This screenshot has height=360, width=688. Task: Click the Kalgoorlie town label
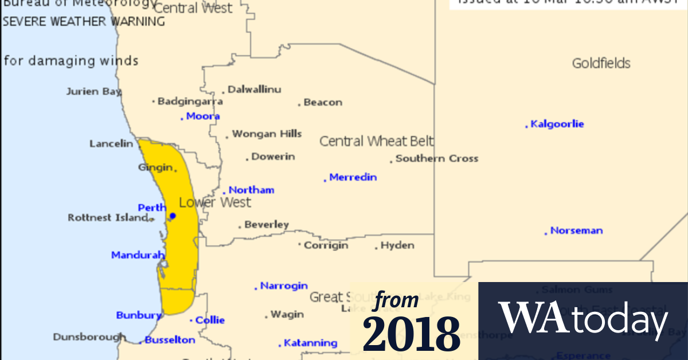pyautogui.click(x=557, y=124)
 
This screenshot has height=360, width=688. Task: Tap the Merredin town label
pyautogui.click(x=353, y=177)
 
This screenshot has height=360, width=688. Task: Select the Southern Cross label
pyautogui.click(x=436, y=159)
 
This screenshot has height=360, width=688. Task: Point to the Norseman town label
pyautogui.click(x=576, y=230)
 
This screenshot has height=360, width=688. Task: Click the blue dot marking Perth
pyautogui.click(x=173, y=216)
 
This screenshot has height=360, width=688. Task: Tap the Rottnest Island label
pyautogui.click(x=108, y=218)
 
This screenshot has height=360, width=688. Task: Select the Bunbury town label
pyautogui.click(x=139, y=315)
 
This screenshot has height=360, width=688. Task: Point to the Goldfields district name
pyautogui.click(x=601, y=63)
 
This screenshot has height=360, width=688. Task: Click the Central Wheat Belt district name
pyautogui.click(x=376, y=141)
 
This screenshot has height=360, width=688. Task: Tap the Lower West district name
pyautogui.click(x=215, y=202)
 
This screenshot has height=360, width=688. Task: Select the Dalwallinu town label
pyautogui.click(x=254, y=89)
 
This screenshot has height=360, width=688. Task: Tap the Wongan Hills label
pyautogui.click(x=267, y=134)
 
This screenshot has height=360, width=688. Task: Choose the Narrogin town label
pyautogui.click(x=284, y=285)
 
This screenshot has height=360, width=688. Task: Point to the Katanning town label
pyautogui.click(x=311, y=343)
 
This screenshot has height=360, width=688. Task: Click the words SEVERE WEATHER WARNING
pyautogui.click(x=84, y=22)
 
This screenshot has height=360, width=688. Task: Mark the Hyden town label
pyautogui.click(x=397, y=245)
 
